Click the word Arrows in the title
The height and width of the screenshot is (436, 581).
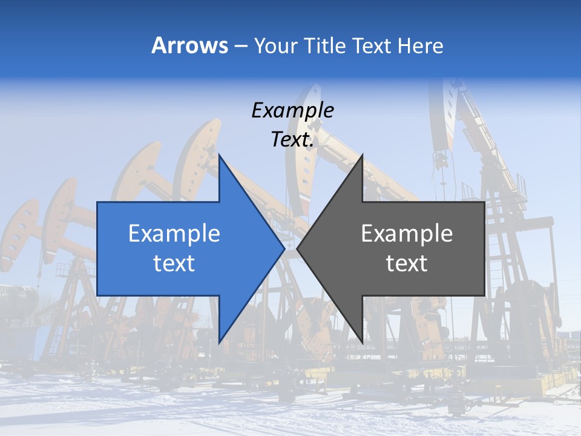(189, 45)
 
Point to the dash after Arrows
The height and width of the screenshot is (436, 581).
(240, 46)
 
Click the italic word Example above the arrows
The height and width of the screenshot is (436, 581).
(292, 110)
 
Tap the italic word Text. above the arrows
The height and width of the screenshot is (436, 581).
(292, 139)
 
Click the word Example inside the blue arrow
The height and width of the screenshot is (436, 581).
(174, 233)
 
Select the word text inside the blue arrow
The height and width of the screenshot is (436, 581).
(174, 263)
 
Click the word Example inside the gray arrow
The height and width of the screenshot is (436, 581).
(407, 233)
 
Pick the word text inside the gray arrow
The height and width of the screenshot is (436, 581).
(407, 263)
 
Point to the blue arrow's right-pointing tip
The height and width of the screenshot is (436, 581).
(284, 248)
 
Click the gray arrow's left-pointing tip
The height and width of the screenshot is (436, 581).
(297, 248)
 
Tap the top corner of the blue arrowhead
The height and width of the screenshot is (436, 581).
(219, 155)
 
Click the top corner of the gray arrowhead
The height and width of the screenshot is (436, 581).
(362, 155)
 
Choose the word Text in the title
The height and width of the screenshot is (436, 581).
(373, 45)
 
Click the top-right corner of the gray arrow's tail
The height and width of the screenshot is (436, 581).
(484, 202)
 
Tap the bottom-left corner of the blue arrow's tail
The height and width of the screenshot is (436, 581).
(97, 296)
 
